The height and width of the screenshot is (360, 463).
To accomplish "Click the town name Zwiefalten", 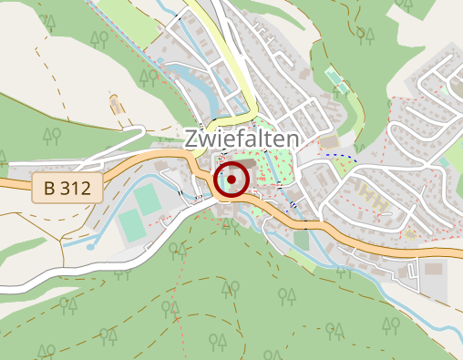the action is pos(242,139).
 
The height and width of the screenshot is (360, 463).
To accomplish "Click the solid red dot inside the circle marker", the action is pos(231,180).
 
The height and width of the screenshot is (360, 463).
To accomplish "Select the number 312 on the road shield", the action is pos(77,189).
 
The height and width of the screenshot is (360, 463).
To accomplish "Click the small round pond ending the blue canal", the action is pos(91,246).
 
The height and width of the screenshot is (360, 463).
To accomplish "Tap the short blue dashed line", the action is pos(342,156).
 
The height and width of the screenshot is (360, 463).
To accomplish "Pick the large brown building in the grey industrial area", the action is pos(432,269).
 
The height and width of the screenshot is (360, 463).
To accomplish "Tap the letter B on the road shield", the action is pos(49,189).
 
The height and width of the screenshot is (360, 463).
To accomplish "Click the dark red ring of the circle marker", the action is pos(217,180).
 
